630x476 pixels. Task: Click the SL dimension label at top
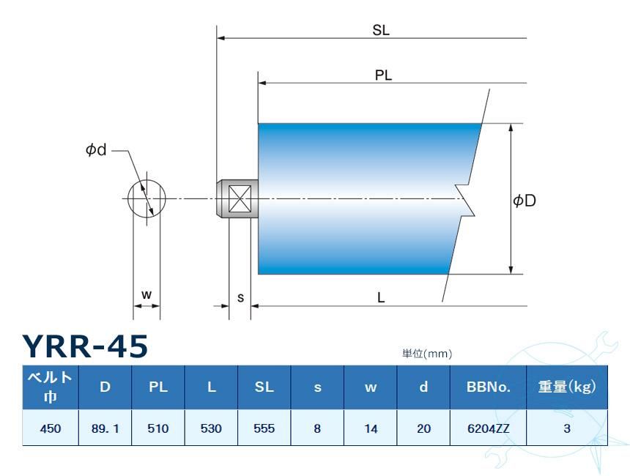[380, 30]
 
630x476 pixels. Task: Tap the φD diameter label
[525, 200]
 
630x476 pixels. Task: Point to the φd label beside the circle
[96, 149]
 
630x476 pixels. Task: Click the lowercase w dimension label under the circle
[147, 294]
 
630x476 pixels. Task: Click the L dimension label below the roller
[382, 298]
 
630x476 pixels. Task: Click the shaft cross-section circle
[147, 198]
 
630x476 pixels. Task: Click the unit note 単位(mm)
[427, 354]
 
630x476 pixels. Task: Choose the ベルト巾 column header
[50, 387]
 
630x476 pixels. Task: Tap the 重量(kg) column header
[566, 387]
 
